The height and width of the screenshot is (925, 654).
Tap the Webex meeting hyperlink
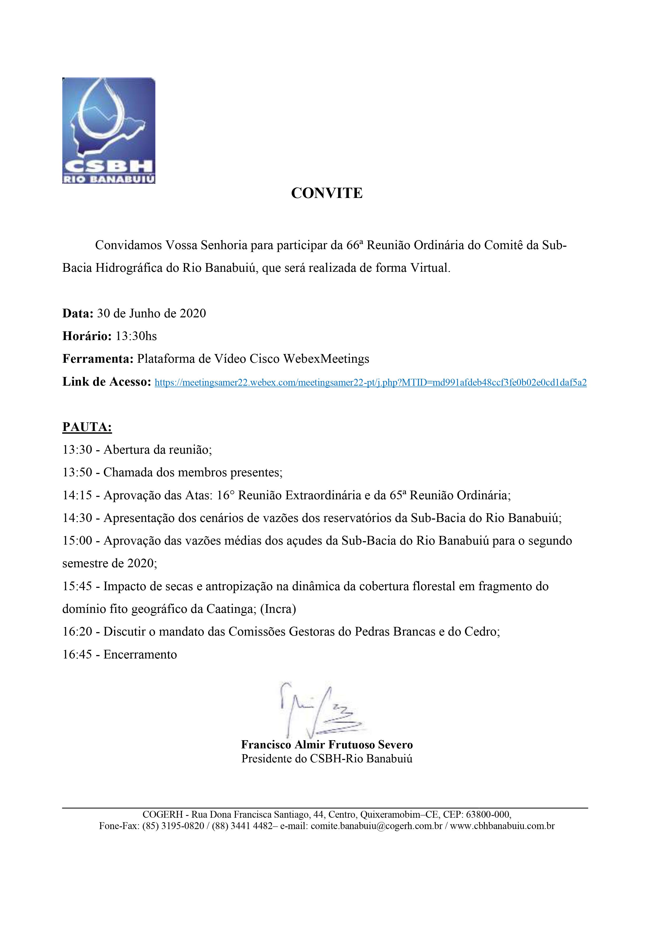click(x=370, y=383)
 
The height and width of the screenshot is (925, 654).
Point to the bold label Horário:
click(x=87, y=336)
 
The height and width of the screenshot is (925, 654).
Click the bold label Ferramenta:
click(x=98, y=359)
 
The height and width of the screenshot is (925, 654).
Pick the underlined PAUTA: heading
click(x=87, y=427)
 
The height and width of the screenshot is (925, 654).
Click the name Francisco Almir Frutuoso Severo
click(x=327, y=744)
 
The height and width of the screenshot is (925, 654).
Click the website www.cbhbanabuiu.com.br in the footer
click(x=502, y=826)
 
